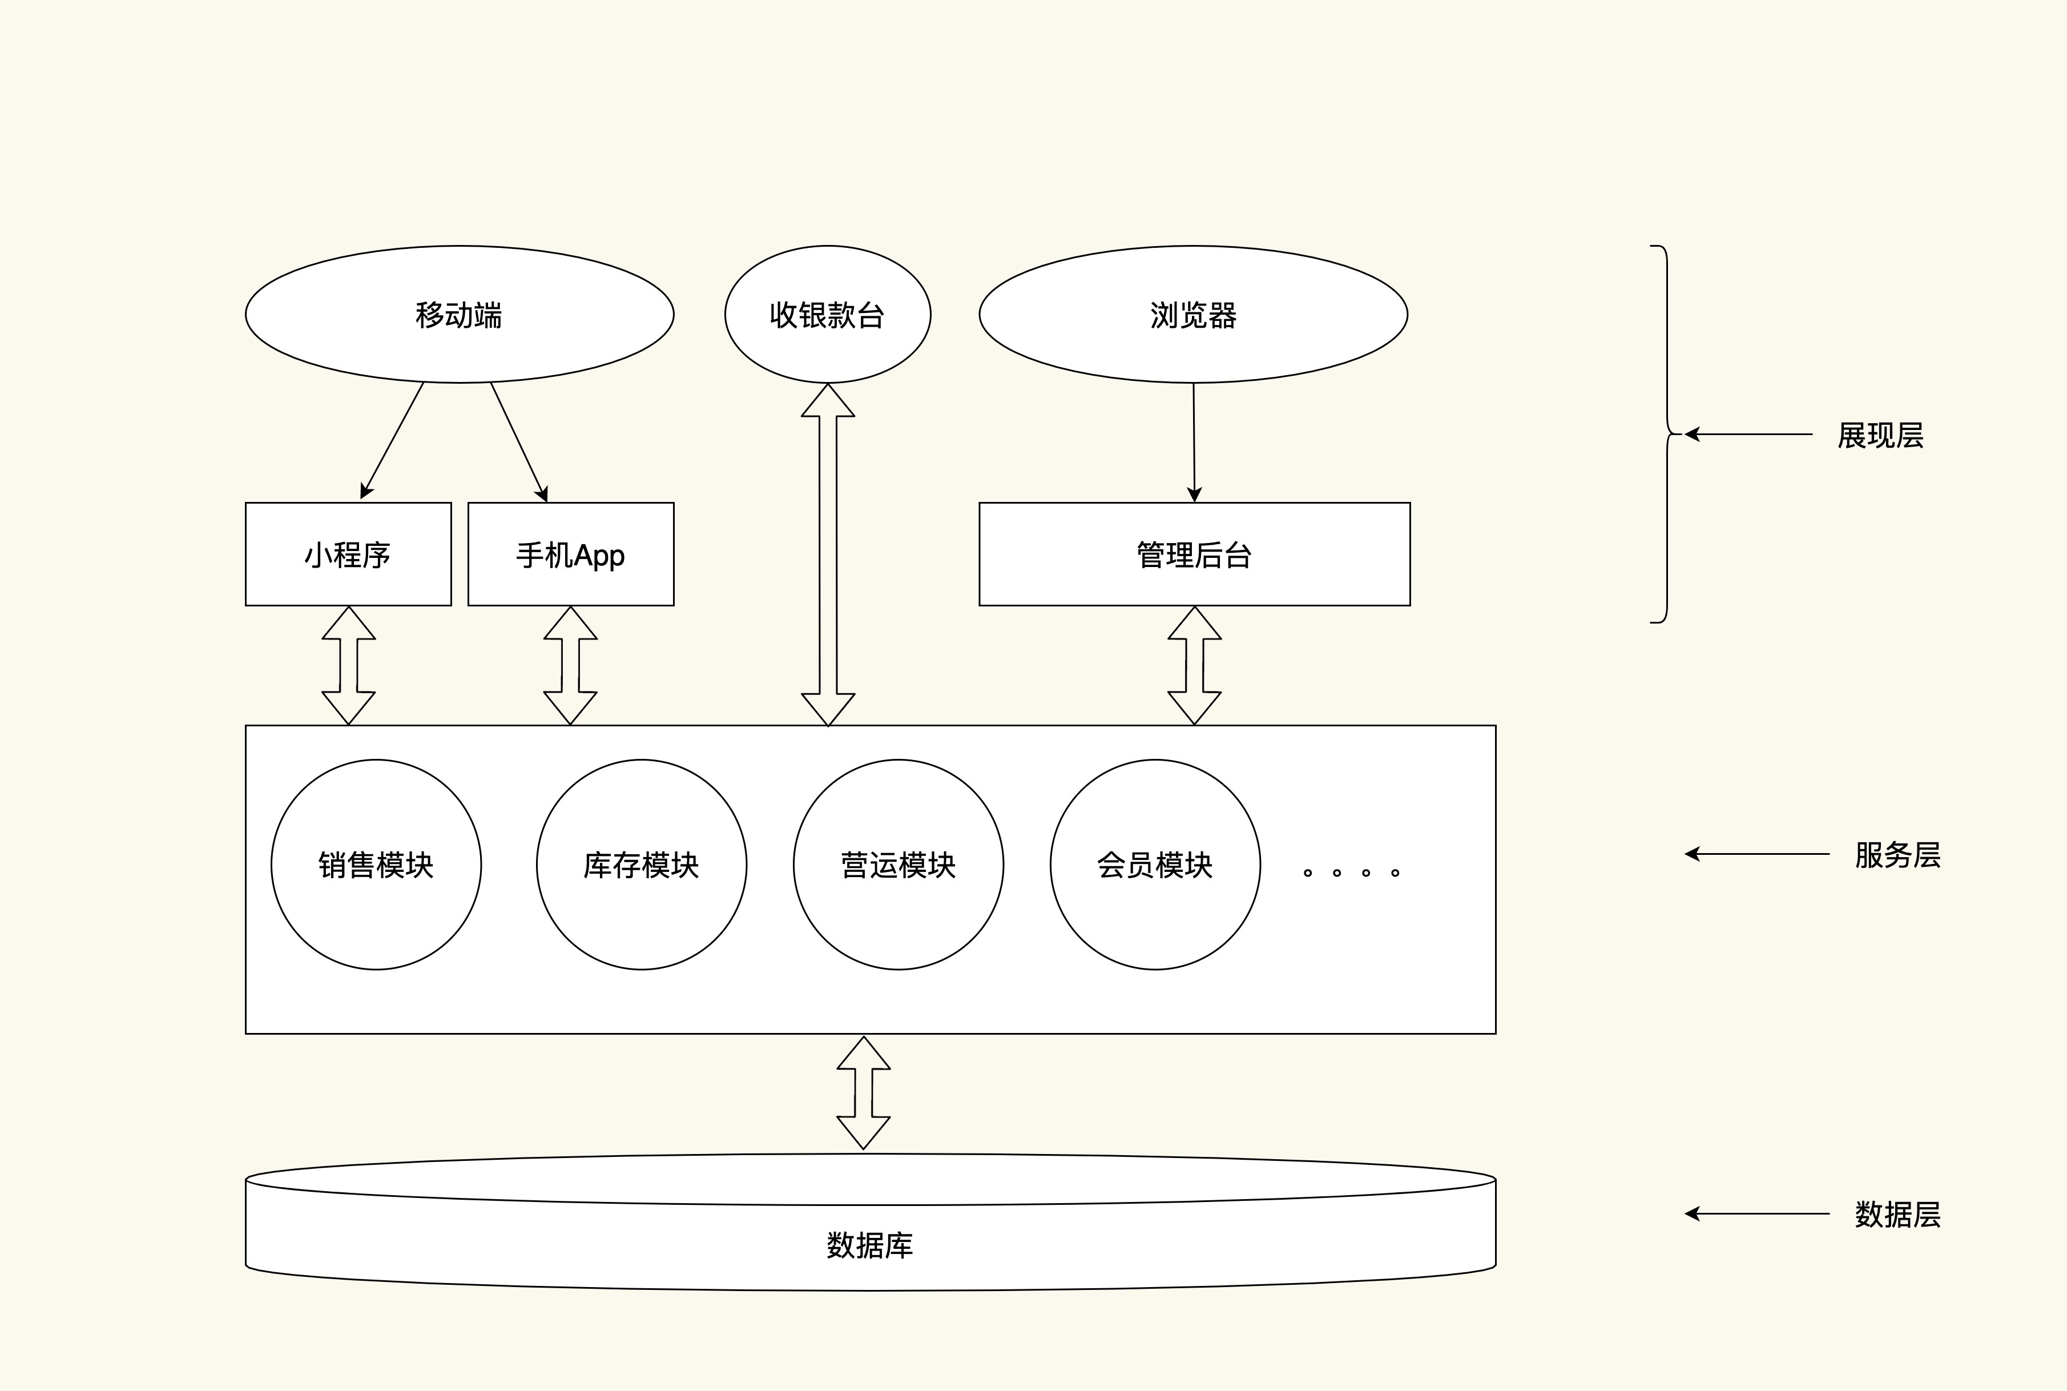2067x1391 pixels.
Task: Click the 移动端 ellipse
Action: [x=460, y=315]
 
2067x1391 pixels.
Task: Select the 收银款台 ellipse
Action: [x=827, y=315]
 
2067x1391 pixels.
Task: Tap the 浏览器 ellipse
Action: [x=1192, y=315]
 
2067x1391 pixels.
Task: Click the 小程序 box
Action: [x=348, y=554]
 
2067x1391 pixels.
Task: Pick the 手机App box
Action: [x=570, y=554]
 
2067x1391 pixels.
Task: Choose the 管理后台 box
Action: [x=1194, y=554]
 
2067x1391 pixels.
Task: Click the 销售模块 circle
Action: [x=376, y=865]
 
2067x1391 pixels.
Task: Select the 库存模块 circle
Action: [x=641, y=865]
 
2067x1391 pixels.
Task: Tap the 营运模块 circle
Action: [x=898, y=865]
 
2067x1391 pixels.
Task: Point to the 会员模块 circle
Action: [x=1155, y=865]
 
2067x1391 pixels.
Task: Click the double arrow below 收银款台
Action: [x=828, y=554]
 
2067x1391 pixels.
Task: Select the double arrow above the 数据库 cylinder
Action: [x=864, y=1093]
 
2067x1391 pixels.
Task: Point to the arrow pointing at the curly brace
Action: [x=1747, y=435]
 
